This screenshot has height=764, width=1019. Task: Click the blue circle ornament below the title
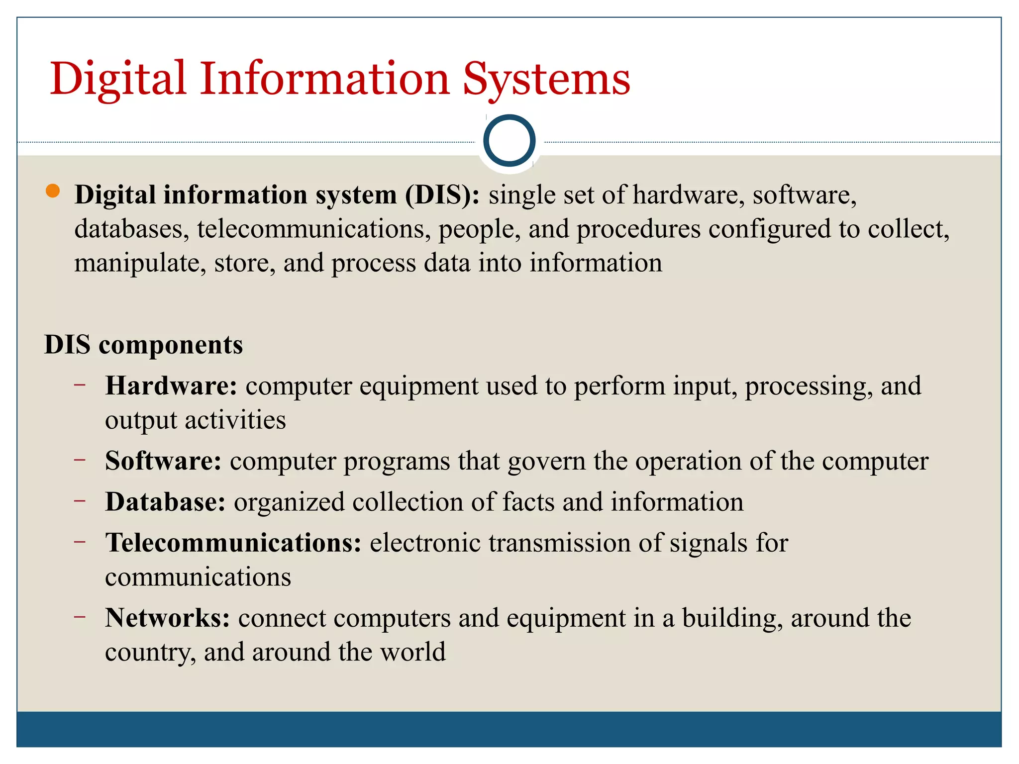[x=509, y=141]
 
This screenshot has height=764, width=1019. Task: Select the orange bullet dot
[x=52, y=191]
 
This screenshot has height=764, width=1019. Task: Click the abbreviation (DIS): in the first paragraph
[x=442, y=194]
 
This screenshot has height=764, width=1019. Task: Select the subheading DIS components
[x=143, y=344]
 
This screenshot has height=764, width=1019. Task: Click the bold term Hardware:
[x=171, y=385]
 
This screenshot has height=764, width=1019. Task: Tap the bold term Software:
[x=163, y=461]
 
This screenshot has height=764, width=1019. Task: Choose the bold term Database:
[x=166, y=501]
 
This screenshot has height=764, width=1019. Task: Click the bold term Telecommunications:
[x=233, y=542]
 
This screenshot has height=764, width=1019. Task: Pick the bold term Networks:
[x=168, y=618]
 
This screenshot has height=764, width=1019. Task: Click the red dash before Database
[x=80, y=501]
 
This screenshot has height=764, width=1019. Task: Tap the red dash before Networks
[x=80, y=617]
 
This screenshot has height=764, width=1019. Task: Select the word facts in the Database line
[x=528, y=501]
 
